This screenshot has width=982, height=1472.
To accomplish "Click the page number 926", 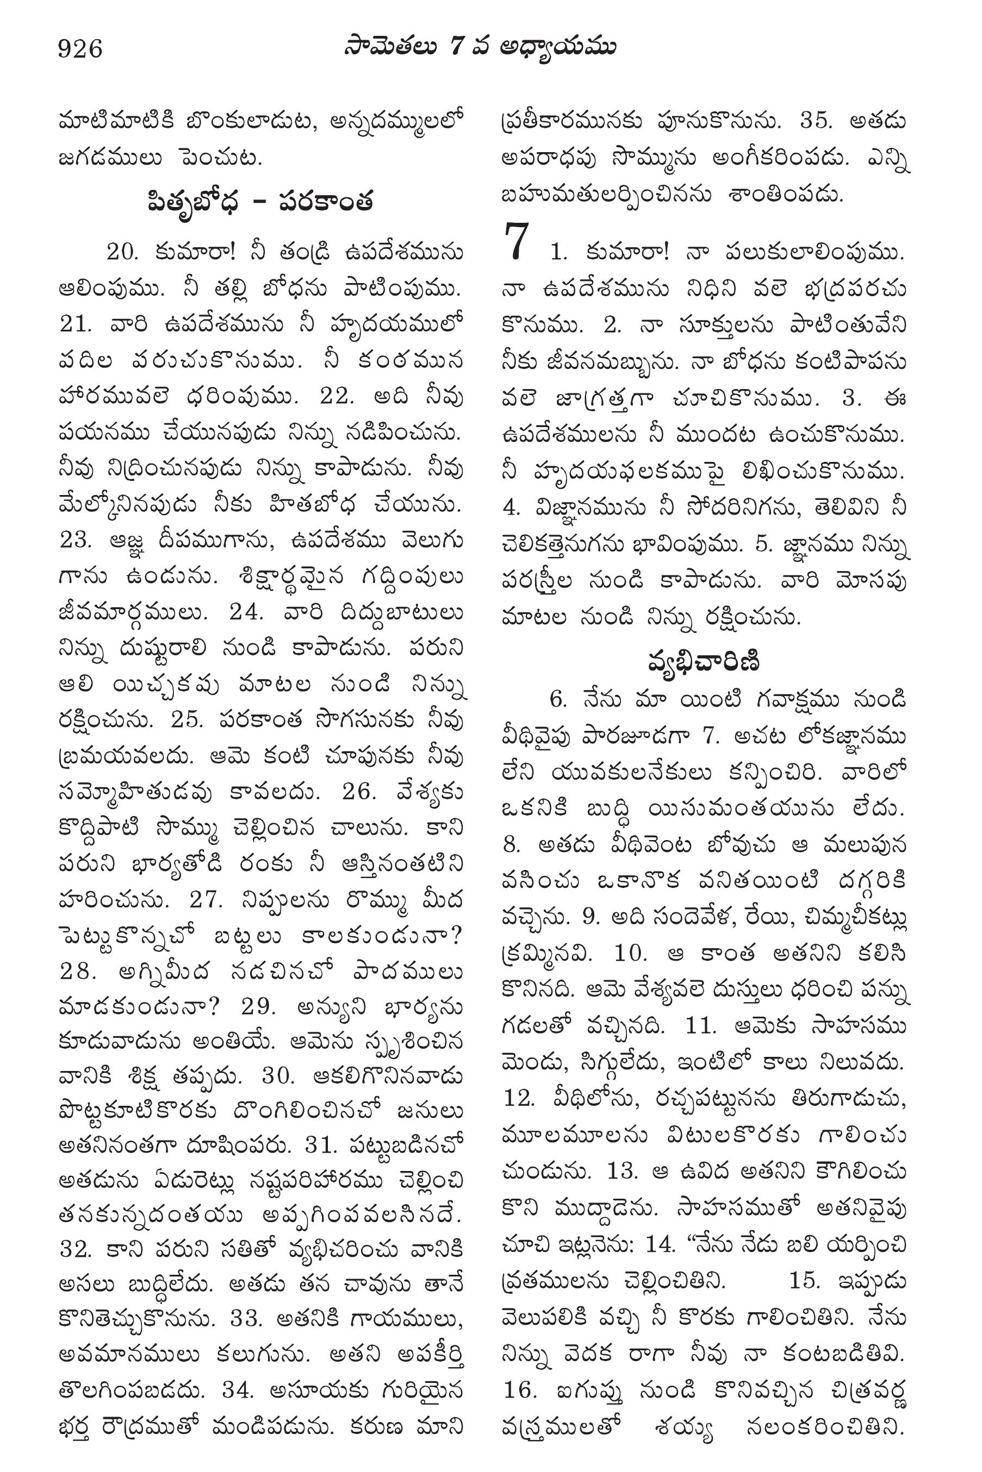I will point(80,48).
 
